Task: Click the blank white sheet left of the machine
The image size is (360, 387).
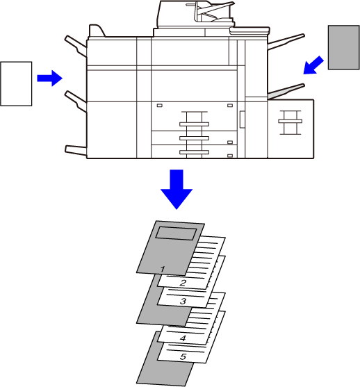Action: point(16,83)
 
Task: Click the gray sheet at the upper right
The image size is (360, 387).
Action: point(343,47)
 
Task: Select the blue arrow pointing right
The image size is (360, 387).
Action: point(49,79)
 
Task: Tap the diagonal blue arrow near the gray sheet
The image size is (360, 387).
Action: point(313,65)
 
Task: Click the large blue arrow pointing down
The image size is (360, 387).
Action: point(177,189)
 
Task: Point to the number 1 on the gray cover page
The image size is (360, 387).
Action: point(163,269)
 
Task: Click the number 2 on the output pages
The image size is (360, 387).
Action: point(183,283)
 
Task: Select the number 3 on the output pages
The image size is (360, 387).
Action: point(183,301)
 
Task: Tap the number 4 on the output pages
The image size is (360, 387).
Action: point(183,338)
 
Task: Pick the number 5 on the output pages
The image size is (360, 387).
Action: point(183,356)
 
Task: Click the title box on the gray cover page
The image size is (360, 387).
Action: point(176,233)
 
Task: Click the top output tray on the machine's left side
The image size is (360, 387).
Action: point(76,46)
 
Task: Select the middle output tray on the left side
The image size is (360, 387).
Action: point(76,101)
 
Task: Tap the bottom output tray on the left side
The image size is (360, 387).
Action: point(76,150)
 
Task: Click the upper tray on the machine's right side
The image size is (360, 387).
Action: point(286,42)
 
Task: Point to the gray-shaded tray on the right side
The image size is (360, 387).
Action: point(286,92)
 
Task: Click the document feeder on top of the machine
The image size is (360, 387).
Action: point(196,15)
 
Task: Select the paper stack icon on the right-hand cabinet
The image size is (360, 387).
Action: point(290,123)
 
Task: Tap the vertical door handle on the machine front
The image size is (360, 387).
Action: point(242,120)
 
